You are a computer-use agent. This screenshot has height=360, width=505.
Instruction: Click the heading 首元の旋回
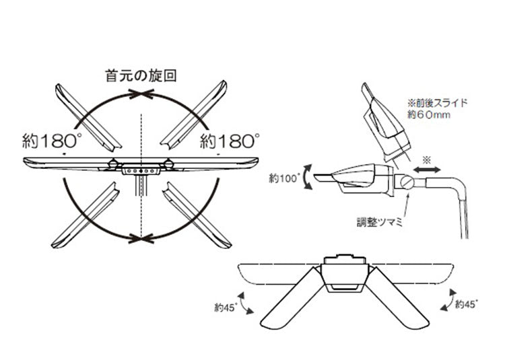141,76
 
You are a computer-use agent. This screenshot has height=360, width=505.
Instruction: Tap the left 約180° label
52,141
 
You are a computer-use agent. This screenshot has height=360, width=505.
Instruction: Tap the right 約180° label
230,141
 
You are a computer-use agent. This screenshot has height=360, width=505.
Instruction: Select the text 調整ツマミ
380,222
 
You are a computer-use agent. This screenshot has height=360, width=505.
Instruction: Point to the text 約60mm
429,114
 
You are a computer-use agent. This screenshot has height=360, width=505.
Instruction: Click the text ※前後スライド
437,103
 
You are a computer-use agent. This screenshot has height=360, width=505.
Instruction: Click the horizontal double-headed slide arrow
427,170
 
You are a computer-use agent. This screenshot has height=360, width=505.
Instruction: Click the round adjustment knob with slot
406,183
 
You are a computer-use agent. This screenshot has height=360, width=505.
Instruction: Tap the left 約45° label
226,308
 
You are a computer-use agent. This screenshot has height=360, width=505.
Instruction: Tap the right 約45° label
467,304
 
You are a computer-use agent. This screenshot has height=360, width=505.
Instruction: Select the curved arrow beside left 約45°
244,303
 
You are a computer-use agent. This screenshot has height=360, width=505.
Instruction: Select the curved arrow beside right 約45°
449,300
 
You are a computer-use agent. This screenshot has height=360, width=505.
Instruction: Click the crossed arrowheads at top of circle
141,94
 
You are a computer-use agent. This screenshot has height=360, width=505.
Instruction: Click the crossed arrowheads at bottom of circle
141,238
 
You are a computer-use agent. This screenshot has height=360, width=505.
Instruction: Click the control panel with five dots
141,169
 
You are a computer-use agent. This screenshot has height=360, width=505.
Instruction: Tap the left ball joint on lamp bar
112,164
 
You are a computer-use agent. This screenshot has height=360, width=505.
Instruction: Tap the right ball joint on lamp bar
168,164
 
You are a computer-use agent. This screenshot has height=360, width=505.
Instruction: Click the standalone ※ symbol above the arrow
426,160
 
